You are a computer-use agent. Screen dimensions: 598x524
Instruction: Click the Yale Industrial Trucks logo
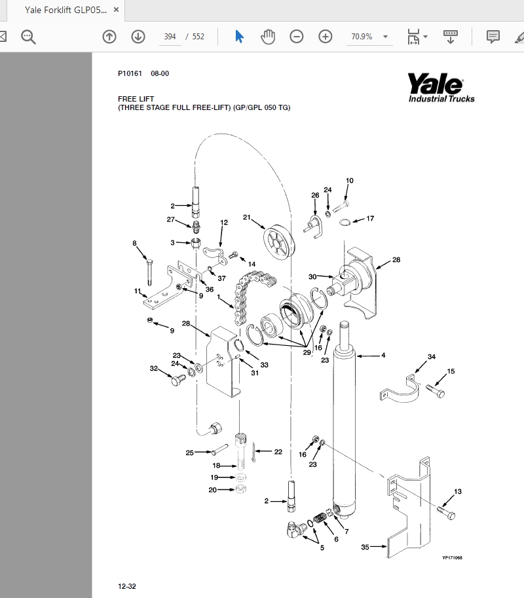441,87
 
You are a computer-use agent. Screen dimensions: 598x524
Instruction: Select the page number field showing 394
170,37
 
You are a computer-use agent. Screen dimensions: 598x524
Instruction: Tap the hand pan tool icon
268,37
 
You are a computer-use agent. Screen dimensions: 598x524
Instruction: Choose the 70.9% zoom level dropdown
369,37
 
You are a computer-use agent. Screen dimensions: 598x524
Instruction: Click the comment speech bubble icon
493,37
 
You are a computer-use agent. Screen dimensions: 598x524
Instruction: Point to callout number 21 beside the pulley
247,217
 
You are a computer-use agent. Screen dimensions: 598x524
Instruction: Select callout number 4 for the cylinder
383,356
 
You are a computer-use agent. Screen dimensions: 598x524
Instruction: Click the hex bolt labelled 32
177,379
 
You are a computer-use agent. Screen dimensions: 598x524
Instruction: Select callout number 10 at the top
349,181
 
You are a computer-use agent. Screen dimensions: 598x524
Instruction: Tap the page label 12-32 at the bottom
126,586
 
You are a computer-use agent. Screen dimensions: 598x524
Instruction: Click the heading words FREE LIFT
136,99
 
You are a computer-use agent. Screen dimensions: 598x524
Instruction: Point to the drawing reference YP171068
452,557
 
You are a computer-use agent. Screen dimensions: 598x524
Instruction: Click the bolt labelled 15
436,390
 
